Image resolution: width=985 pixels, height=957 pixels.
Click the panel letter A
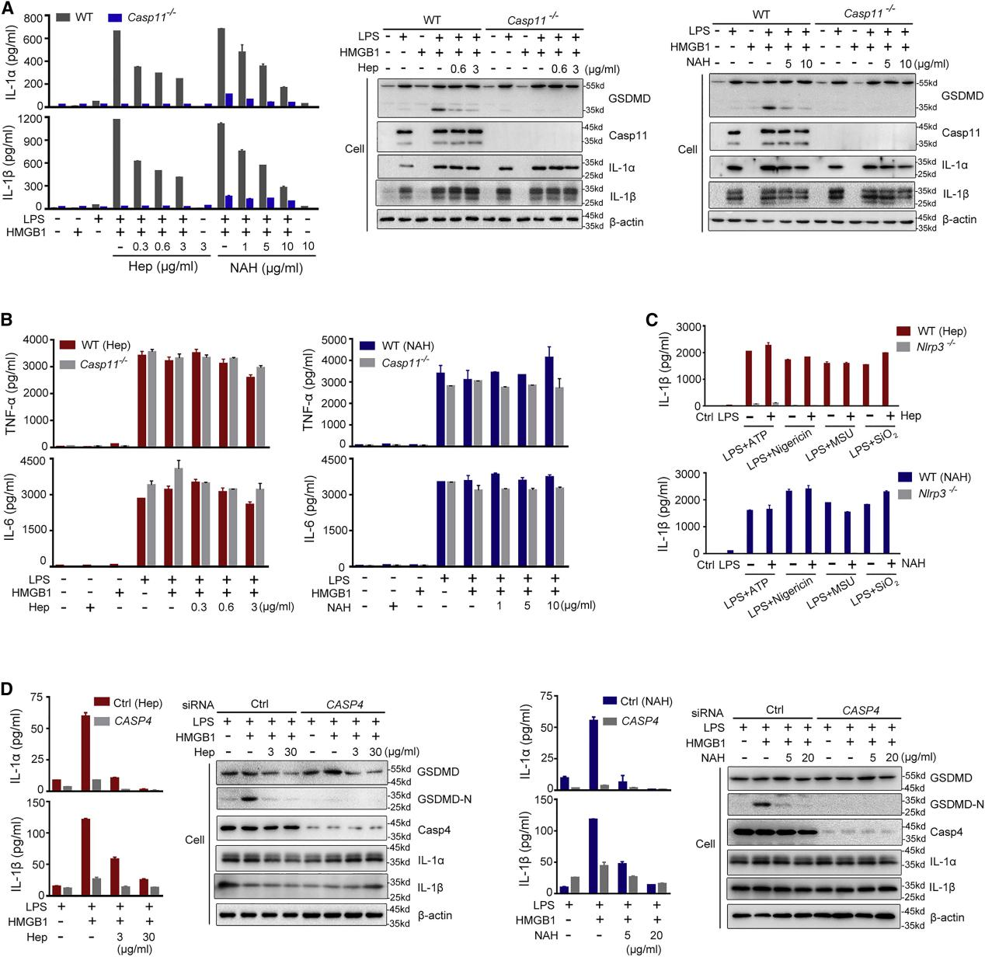8,8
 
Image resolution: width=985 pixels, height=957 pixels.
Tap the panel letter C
653,318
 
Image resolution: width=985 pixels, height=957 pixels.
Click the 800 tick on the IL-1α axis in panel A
34,15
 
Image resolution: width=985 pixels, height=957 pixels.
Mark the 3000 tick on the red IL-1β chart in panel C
699,327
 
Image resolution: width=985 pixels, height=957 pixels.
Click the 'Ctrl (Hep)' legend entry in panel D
127,703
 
